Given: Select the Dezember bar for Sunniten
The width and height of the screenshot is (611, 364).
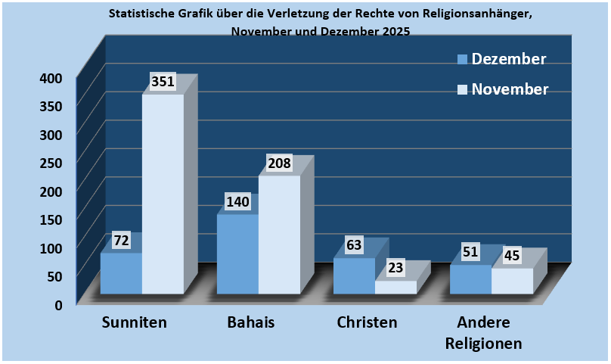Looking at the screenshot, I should [121, 273].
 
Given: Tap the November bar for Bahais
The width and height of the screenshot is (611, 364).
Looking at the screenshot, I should [279, 235].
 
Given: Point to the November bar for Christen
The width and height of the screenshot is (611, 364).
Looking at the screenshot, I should [395, 287].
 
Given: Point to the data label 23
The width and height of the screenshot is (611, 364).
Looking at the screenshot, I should [396, 267].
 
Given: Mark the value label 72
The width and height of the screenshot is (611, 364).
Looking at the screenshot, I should [121, 241].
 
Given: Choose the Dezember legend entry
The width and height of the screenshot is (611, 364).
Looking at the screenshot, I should [501, 59].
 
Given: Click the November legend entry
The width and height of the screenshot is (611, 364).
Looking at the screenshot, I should [502, 89].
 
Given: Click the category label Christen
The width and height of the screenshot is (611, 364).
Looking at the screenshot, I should [367, 322].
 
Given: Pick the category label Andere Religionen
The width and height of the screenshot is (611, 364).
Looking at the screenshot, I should [483, 332].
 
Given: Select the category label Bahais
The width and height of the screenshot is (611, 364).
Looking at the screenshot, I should [250, 322].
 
